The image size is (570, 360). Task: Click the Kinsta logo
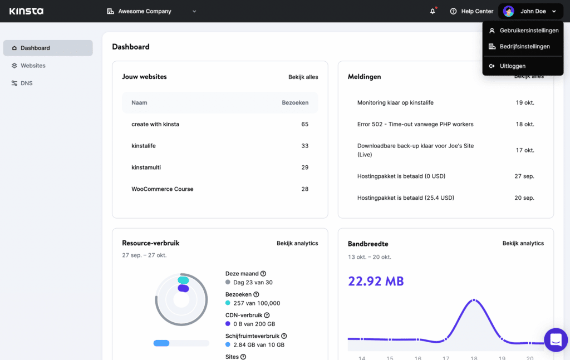26,11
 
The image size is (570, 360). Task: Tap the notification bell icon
433,11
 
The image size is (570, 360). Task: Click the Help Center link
471,11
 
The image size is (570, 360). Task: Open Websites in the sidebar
33,66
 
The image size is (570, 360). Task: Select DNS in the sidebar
26,83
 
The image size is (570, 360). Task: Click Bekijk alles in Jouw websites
303,77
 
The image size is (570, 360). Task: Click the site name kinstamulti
146,167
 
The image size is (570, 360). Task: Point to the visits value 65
304,124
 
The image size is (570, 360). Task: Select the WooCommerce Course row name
162,189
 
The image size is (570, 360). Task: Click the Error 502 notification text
415,124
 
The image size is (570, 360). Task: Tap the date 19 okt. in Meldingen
525,103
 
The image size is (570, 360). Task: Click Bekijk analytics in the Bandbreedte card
523,243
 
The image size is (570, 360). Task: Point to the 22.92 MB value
376,282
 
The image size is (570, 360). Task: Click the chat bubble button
555,339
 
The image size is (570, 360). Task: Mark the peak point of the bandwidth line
474,300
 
